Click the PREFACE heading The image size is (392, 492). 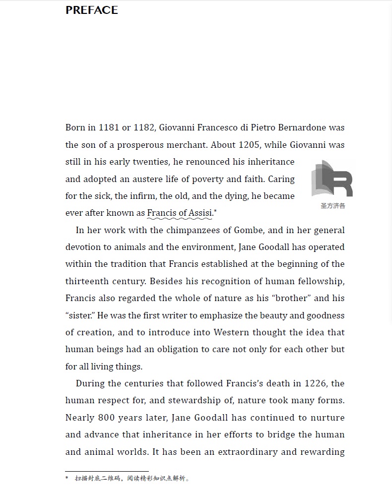click(x=92, y=10)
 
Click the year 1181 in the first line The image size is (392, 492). click(x=109, y=127)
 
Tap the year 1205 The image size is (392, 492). click(x=249, y=145)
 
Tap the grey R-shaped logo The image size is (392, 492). click(x=332, y=179)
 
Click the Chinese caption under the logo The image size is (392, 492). click(x=332, y=205)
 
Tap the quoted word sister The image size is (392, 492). click(x=81, y=315)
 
